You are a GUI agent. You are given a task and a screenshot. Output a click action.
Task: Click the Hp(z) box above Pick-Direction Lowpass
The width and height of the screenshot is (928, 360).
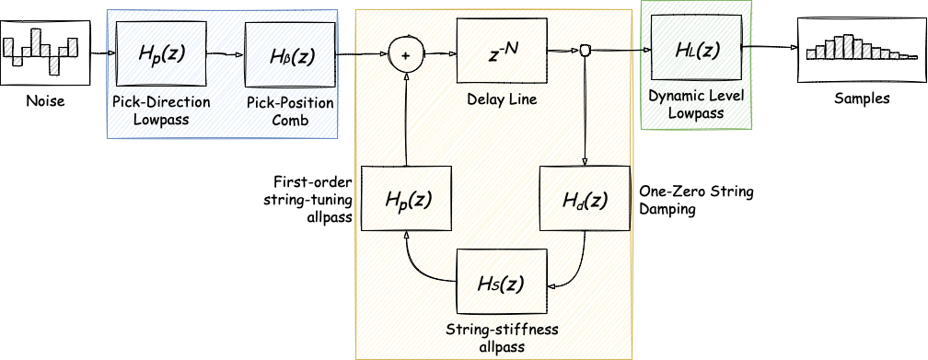pos(161,54)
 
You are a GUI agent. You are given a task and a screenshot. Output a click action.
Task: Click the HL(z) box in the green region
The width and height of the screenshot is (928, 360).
pos(696,48)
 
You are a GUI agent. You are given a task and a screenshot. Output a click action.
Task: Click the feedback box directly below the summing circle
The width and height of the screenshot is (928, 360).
pos(407,198)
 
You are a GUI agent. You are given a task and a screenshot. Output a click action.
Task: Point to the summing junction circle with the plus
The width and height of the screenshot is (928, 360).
pos(404,54)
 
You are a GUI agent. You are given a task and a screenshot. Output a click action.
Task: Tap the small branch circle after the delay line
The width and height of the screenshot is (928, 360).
pos(584,52)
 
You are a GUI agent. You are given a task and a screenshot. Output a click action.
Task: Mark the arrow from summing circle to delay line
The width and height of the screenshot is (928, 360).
pos(438,54)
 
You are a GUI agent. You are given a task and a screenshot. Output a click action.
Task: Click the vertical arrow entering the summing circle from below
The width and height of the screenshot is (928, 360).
pos(405,120)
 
